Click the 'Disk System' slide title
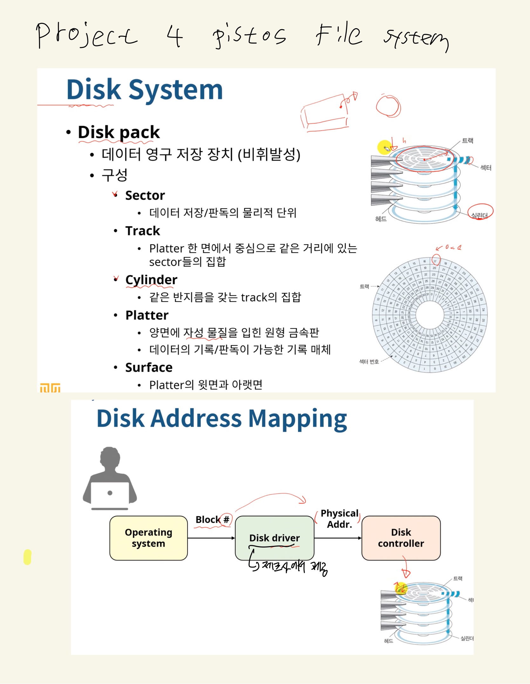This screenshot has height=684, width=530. click(x=145, y=90)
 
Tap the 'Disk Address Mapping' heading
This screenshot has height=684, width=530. click(x=221, y=419)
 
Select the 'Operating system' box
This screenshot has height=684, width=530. click(x=148, y=538)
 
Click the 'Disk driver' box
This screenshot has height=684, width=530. click(x=274, y=538)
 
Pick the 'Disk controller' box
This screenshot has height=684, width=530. click(x=401, y=538)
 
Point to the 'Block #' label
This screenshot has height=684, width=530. click(x=212, y=520)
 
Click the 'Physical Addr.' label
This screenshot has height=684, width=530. click(x=339, y=519)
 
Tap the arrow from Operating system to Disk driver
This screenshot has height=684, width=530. click(x=211, y=538)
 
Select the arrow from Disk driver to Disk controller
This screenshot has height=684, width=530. click(x=337, y=538)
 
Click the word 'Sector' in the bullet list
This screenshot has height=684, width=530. click(x=145, y=196)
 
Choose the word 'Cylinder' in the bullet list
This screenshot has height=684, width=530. click(x=151, y=280)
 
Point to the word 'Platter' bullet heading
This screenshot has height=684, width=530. click(x=147, y=315)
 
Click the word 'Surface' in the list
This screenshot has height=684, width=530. click(x=149, y=367)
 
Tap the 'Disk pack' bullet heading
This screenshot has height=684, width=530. click(x=119, y=132)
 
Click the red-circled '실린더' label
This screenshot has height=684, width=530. click(x=479, y=215)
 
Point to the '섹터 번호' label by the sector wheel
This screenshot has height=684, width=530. click(x=369, y=361)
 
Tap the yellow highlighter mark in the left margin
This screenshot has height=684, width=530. click(x=28, y=557)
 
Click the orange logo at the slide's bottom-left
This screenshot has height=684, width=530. click(x=50, y=388)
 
